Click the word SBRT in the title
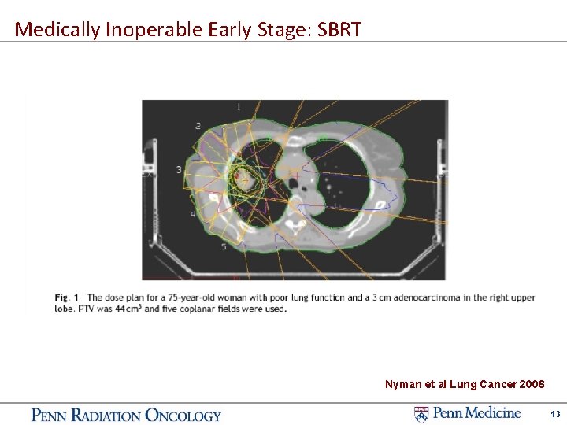point(339,30)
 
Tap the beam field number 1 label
point(239,106)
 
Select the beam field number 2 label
point(198,126)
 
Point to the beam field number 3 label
point(179,169)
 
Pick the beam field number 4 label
point(193,214)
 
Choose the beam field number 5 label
point(224,246)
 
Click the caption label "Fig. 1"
point(66,297)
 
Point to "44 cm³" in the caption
point(128,309)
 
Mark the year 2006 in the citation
point(532,384)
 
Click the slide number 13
point(555,414)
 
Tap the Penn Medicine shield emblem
point(421,414)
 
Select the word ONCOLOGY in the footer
point(183,416)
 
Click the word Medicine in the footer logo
point(496,412)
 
